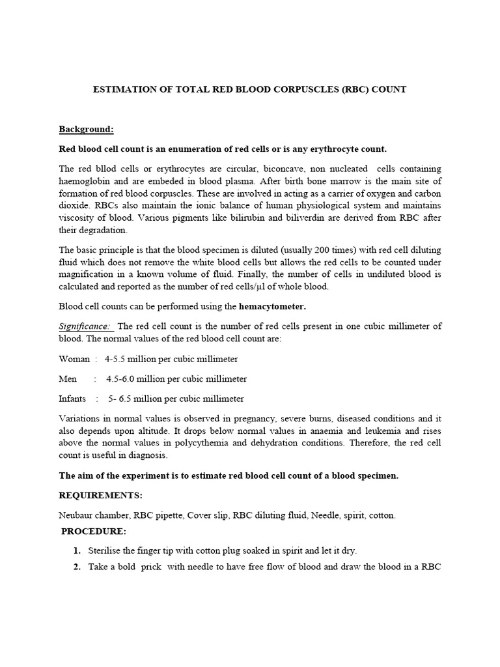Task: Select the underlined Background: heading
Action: pos(87,129)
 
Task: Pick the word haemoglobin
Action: pos(84,181)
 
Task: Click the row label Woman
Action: pos(75,359)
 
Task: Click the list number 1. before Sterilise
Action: pos(76,550)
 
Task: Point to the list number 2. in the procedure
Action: pos(76,567)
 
